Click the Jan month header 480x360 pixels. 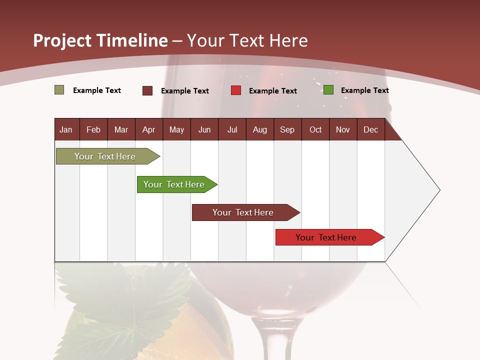pos(66,129)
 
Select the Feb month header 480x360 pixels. pos(93,129)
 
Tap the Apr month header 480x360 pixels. pos(148,129)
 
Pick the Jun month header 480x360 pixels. pos(204,129)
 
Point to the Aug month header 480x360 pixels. pos(259,129)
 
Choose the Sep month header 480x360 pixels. pos(287,129)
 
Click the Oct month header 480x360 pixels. pos(315,129)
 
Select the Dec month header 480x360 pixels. pos(370,129)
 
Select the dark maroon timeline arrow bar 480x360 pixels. pos(243,212)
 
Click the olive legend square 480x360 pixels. pos(59,90)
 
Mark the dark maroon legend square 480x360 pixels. pos(147,90)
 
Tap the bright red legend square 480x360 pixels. pos(236,90)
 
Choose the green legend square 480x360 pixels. pos(328,90)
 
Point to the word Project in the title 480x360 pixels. pos(61,40)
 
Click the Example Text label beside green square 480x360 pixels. pos(364,90)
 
